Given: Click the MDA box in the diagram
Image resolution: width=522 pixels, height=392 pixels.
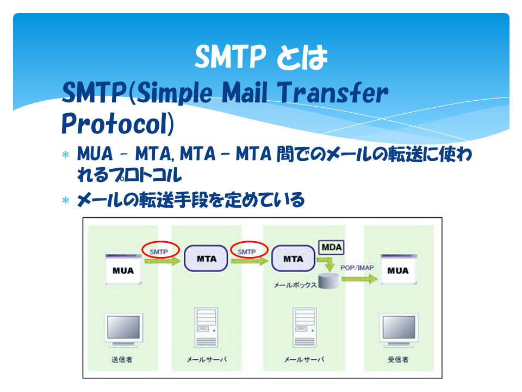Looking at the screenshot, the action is [x=331, y=247].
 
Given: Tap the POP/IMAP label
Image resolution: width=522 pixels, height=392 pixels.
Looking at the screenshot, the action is [x=357, y=268].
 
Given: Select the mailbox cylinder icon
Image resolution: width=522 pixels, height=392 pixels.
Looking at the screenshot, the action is [x=328, y=281].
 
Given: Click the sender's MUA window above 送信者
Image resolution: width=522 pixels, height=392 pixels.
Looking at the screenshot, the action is [x=123, y=269].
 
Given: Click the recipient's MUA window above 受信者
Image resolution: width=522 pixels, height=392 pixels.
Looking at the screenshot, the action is [x=399, y=269].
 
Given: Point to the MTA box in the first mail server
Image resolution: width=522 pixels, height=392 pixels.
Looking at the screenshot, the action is [x=206, y=258].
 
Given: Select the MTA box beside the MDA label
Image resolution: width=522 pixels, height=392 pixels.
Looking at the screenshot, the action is [x=293, y=258].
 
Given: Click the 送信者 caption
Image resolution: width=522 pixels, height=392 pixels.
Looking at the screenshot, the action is [x=122, y=359].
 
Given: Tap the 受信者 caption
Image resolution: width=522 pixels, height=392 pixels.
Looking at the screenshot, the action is [x=398, y=359].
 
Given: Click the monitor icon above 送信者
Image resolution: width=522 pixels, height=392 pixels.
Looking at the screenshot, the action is [x=123, y=330].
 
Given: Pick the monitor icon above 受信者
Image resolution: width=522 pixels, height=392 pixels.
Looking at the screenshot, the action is [x=399, y=330].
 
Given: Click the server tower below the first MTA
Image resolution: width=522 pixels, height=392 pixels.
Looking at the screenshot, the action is [x=207, y=327].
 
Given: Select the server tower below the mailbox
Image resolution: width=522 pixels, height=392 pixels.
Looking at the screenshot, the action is [x=304, y=327].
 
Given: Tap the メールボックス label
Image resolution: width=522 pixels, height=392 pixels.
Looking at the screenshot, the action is [x=295, y=285].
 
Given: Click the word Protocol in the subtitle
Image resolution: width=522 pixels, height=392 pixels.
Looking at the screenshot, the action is [x=118, y=124].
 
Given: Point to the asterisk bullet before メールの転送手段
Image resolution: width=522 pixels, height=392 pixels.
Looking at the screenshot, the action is [x=66, y=200].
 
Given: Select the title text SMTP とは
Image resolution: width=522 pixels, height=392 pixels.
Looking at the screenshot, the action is [x=262, y=57].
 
